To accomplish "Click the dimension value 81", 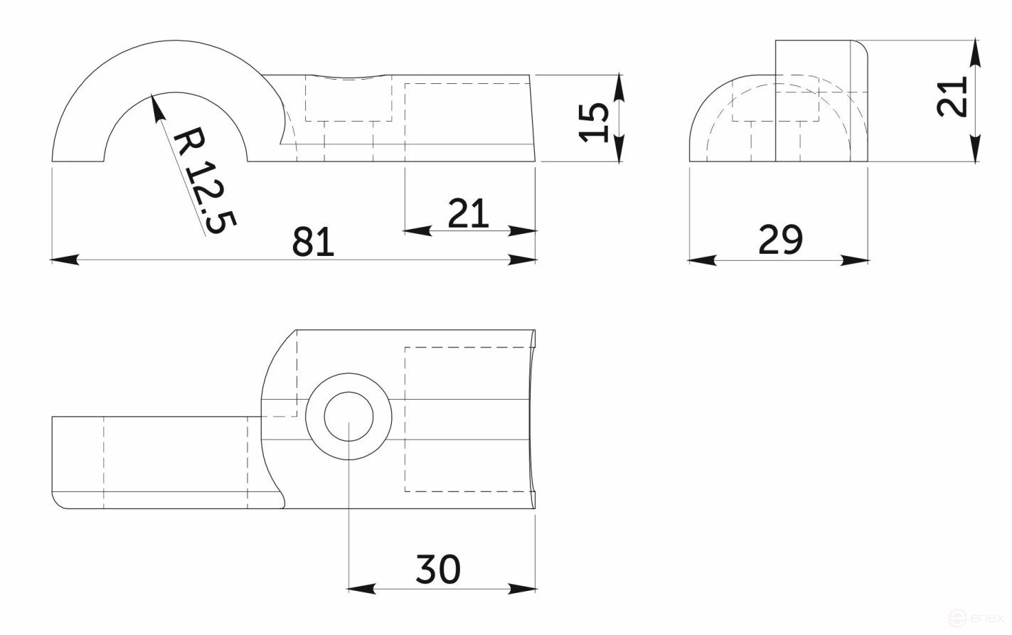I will point(313,242).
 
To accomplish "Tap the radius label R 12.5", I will point(203,181).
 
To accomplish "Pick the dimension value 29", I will point(780,240).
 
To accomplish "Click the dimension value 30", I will point(437,569).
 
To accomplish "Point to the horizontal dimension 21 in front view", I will point(468,213).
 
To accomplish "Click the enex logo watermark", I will point(981,619).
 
